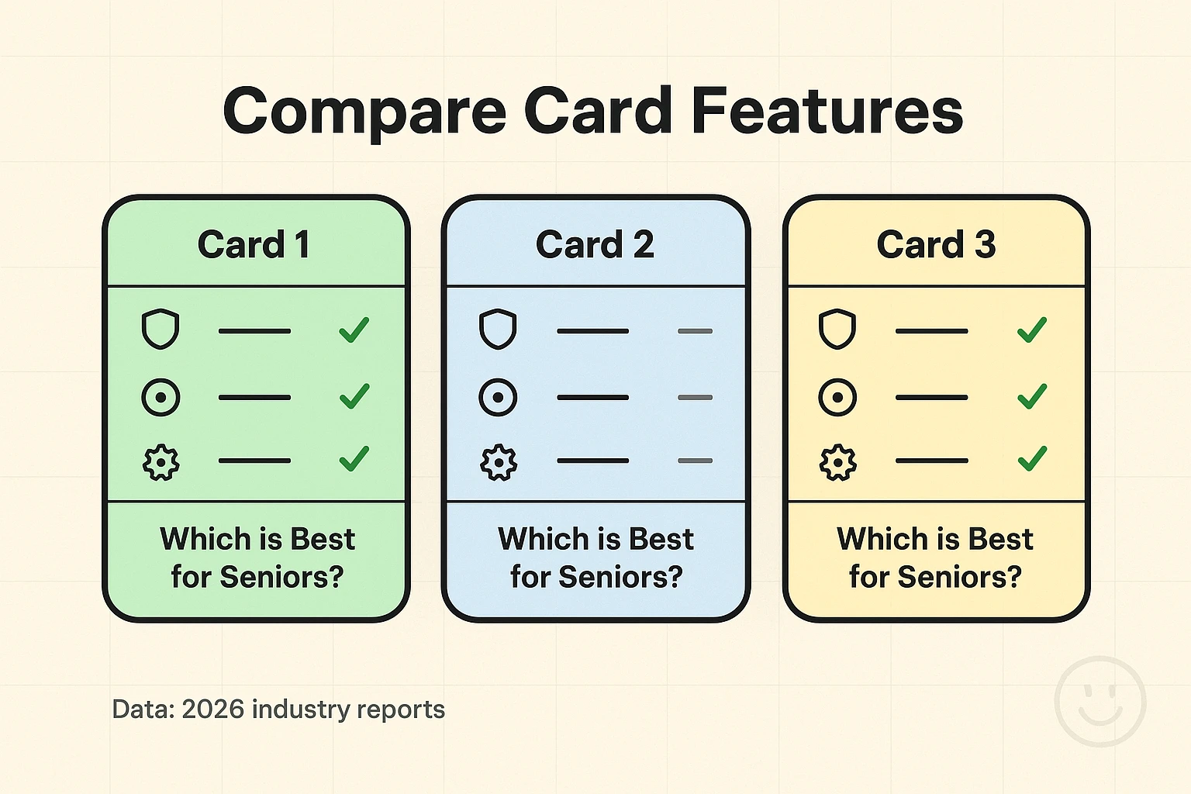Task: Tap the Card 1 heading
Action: (254, 245)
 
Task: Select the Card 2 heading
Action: (595, 245)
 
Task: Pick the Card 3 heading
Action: (936, 245)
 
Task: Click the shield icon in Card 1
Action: (161, 330)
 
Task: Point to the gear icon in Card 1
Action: (161, 462)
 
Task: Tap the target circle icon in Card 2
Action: (498, 398)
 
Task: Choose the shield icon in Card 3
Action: (837, 330)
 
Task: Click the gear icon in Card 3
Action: (837, 462)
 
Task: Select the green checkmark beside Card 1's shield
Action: (354, 330)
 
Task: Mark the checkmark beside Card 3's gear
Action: (1032, 459)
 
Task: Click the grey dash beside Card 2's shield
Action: (695, 331)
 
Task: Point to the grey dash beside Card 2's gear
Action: (695, 461)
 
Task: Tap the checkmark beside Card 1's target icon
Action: (354, 396)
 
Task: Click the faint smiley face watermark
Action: (1100, 702)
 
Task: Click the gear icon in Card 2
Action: (498, 462)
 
